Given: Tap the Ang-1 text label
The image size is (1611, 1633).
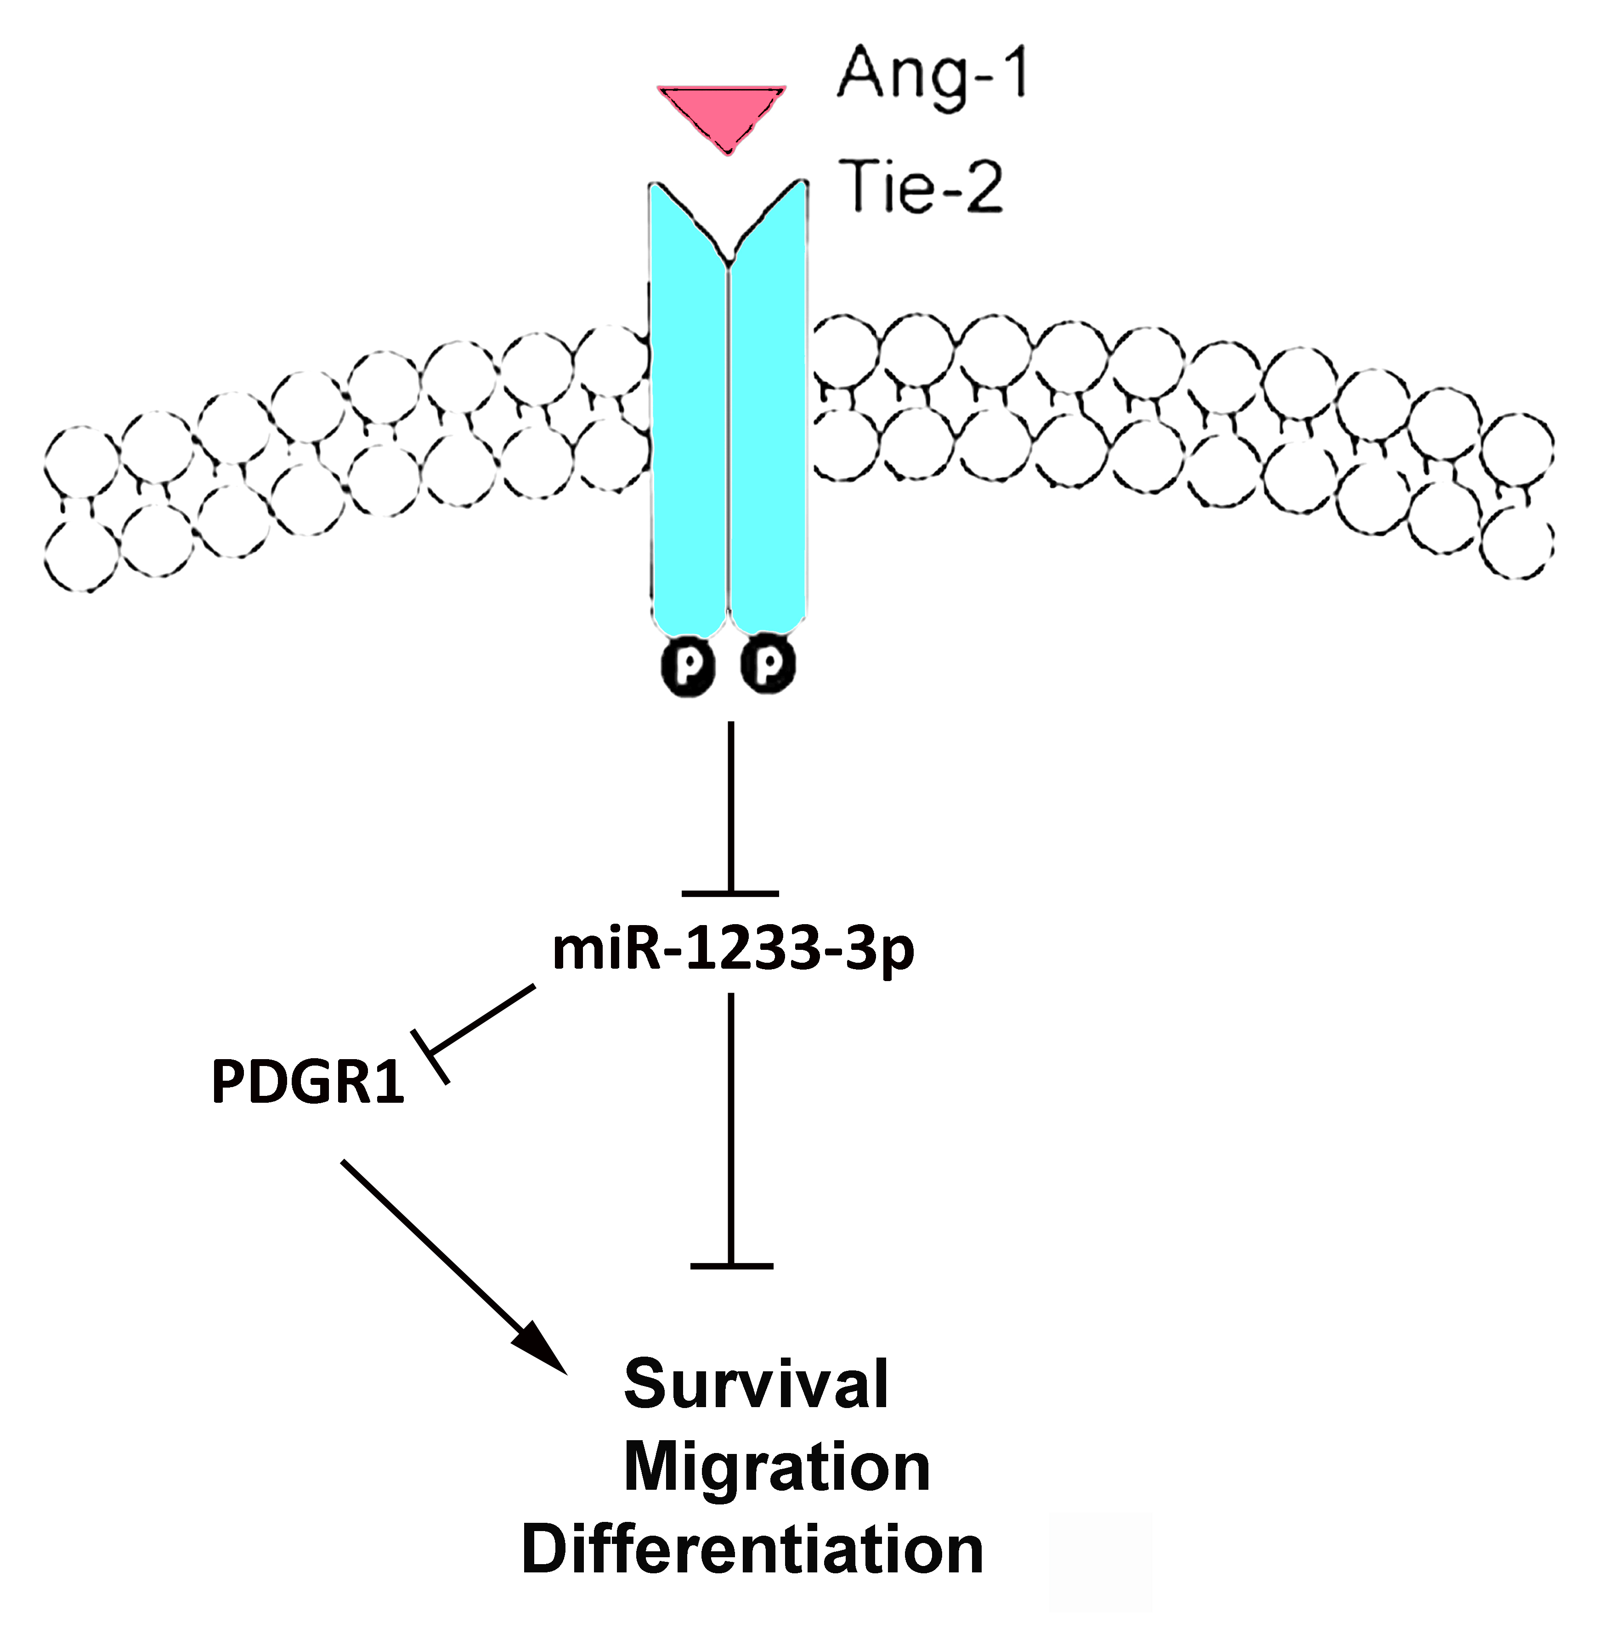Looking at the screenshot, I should (x=931, y=76).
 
